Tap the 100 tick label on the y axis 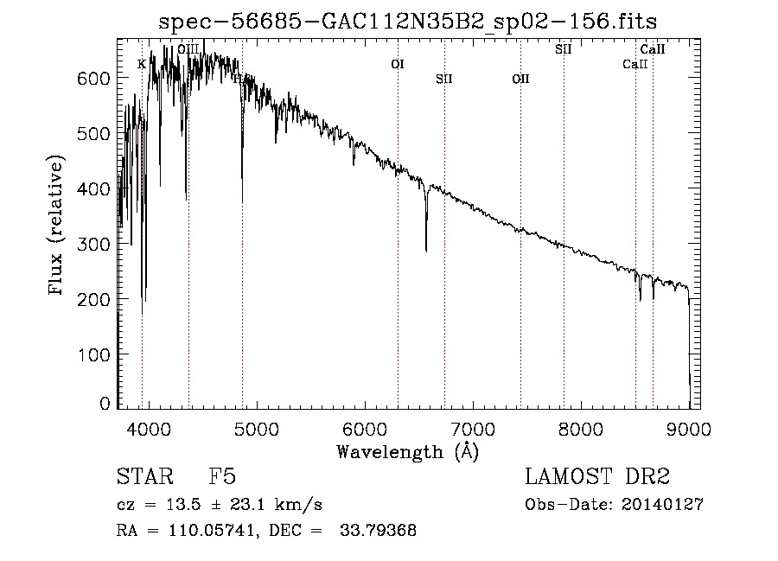[x=98, y=355]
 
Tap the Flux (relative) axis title [x=58, y=226]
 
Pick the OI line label [x=397, y=64]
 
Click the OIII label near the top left [x=188, y=49]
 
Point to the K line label [x=142, y=64]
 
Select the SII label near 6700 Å [x=444, y=80]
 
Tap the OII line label [x=520, y=80]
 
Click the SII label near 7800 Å [x=564, y=49]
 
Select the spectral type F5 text [x=222, y=477]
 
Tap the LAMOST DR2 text [x=597, y=477]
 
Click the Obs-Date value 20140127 [x=663, y=505]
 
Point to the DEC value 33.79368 [x=379, y=531]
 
